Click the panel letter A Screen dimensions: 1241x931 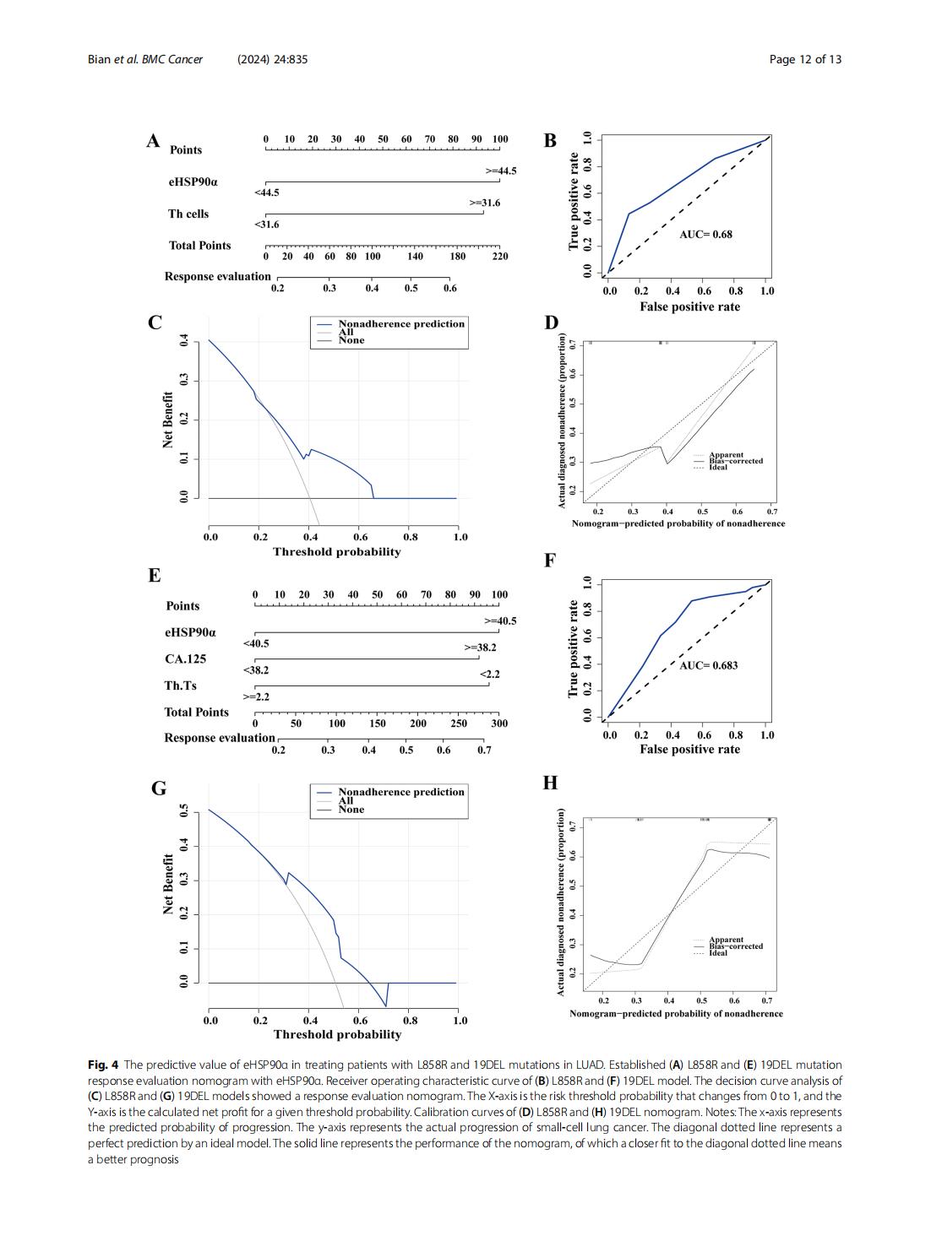click(153, 141)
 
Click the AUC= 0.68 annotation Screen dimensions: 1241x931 click(705, 235)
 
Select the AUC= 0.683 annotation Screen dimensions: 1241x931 click(708, 665)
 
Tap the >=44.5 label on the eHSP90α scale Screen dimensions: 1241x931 click(501, 171)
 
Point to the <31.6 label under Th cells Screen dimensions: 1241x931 click(267, 225)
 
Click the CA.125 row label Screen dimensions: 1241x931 click(185, 658)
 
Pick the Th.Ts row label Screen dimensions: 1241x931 click(180, 686)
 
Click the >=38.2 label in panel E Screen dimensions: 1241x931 click(480, 648)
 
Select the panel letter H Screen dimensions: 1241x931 click(550, 783)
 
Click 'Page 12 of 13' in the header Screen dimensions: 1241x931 click(805, 59)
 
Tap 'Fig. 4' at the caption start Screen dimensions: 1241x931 click(103, 1065)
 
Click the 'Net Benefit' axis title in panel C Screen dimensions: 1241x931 click(167, 420)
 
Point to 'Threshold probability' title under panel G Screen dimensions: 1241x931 click(337, 1034)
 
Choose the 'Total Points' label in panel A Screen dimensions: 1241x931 click(199, 246)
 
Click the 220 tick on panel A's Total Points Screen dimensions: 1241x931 click(500, 257)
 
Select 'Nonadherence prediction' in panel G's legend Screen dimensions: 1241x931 click(401, 792)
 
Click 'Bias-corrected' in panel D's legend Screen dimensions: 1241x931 click(736, 461)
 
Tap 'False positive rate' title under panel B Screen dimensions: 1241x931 click(689, 306)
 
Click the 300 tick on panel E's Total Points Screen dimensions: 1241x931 click(499, 723)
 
